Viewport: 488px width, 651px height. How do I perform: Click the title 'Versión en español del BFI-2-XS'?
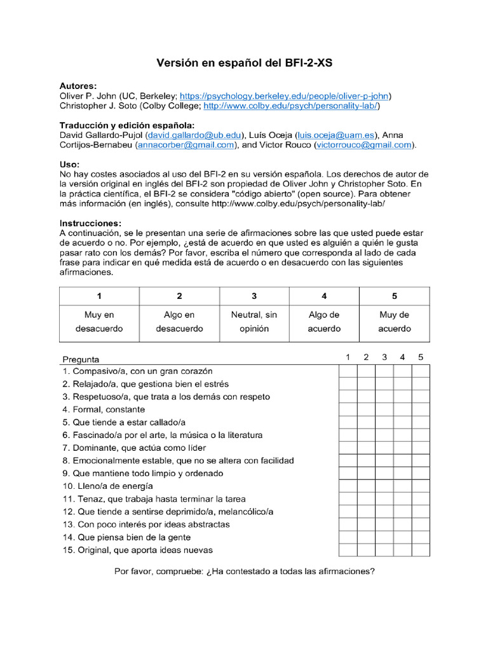coord(244,64)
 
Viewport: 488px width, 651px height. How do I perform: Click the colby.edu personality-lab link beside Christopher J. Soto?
coord(291,106)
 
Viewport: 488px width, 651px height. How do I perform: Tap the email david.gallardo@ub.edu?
coord(194,135)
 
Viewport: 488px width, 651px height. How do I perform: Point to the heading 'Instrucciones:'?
coord(90,223)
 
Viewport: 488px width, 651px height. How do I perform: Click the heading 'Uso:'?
coord(70,165)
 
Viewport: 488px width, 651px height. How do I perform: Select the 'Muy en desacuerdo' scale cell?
coord(99,322)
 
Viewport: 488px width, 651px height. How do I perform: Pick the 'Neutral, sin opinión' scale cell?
coord(254,322)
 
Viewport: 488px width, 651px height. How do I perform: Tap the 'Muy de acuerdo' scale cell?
coord(394,322)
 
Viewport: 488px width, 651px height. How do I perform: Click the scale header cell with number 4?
coord(324,296)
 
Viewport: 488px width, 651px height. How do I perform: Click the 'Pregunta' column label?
coord(81,359)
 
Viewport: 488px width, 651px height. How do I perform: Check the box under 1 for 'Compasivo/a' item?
coord(348,371)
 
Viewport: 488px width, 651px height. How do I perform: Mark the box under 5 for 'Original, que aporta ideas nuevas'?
coord(421,550)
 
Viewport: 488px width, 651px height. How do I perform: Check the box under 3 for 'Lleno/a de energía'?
coord(384,486)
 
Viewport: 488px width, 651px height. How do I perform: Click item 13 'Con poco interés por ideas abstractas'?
coord(146,524)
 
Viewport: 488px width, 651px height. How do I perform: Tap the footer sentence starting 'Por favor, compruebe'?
coord(244,571)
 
